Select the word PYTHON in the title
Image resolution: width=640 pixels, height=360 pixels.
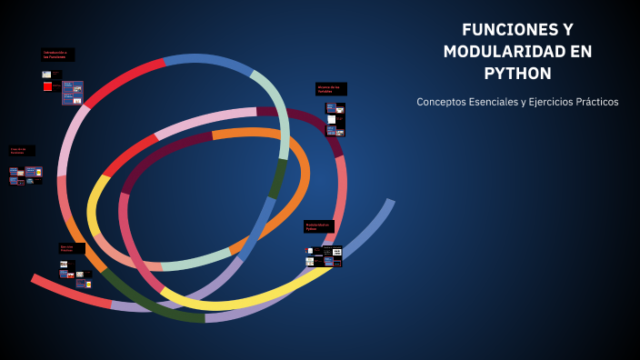coord(517,74)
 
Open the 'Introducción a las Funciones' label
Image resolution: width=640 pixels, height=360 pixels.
coord(58,55)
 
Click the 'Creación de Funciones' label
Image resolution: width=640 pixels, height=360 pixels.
coord(22,151)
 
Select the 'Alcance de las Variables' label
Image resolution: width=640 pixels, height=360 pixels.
coord(331,89)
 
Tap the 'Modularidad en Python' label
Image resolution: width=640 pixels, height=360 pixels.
coord(318,226)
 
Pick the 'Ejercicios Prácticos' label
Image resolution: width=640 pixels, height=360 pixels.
coord(71,248)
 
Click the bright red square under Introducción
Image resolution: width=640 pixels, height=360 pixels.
coord(47,86)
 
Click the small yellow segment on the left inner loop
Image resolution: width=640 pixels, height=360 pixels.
coord(95,205)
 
